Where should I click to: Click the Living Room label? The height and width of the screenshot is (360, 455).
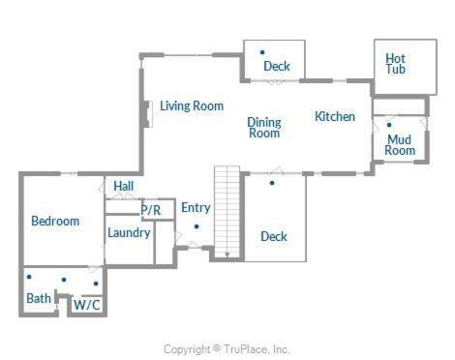pos(192,106)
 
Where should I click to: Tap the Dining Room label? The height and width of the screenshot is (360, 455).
pos(264,128)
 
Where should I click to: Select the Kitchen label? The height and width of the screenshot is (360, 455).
pos(335,116)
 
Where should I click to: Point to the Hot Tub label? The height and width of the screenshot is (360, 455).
pos(395,64)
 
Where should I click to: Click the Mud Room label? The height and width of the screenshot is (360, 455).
pos(400,145)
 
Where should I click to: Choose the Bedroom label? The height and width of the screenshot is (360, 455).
pos(55,221)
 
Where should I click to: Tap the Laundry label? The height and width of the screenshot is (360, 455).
pos(129,233)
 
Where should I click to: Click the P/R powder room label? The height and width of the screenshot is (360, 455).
pos(151,210)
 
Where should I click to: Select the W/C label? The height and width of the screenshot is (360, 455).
pos(87,305)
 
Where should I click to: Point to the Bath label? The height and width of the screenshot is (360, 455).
pos(39,298)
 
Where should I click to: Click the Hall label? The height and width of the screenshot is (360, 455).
pos(124,186)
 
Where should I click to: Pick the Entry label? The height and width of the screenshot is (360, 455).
pos(196,208)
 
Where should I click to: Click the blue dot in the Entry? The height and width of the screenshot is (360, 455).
pos(197,226)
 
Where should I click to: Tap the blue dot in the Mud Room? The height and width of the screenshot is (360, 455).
pos(389,125)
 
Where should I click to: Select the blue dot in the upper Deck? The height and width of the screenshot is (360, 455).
pos(262,52)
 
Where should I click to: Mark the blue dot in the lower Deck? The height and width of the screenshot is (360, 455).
pos(272,183)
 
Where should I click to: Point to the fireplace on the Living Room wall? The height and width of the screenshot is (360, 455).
pos(147,114)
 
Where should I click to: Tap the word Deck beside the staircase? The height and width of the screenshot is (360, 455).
pos(274,236)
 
